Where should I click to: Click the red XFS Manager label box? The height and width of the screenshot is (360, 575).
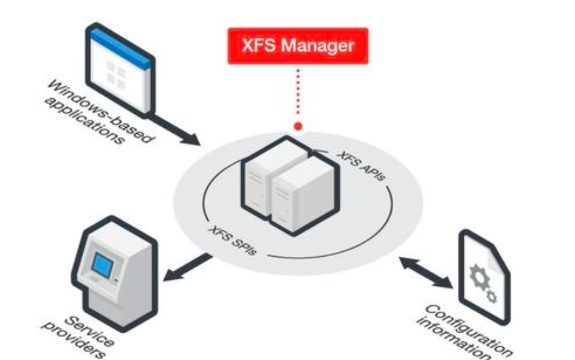[x=297, y=45]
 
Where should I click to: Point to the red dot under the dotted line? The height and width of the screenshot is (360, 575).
[x=298, y=125]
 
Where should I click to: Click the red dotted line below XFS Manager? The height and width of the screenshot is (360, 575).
[x=298, y=93]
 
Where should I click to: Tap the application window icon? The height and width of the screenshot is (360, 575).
[x=121, y=70]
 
